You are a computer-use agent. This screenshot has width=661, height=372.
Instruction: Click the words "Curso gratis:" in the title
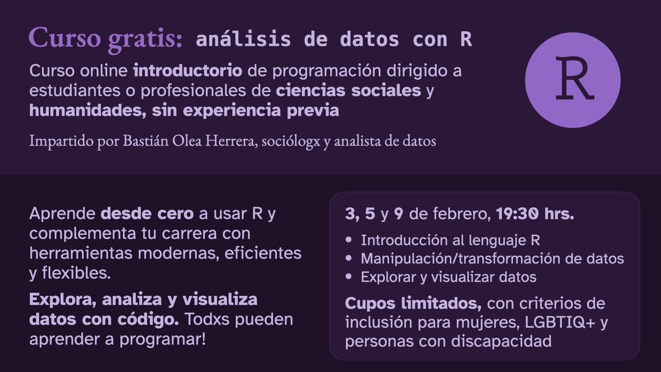pos(105,40)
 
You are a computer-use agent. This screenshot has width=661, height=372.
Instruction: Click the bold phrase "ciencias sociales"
pos(349,90)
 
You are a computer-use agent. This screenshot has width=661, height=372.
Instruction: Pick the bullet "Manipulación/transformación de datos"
pos(492,258)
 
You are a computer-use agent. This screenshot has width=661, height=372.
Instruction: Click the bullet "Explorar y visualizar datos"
pos(448,277)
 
